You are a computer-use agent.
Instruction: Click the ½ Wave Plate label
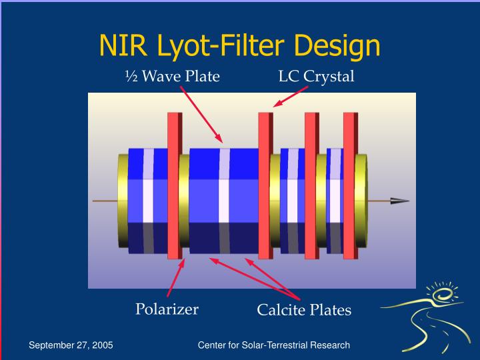click(x=172, y=77)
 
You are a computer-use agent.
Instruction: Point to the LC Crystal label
click(x=316, y=77)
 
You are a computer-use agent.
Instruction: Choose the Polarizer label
click(x=167, y=309)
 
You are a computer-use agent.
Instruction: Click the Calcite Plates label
click(x=304, y=310)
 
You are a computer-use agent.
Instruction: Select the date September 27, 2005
click(x=71, y=345)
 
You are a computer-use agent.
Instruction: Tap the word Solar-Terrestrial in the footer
click(x=273, y=345)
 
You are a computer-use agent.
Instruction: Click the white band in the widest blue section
click(x=225, y=200)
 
